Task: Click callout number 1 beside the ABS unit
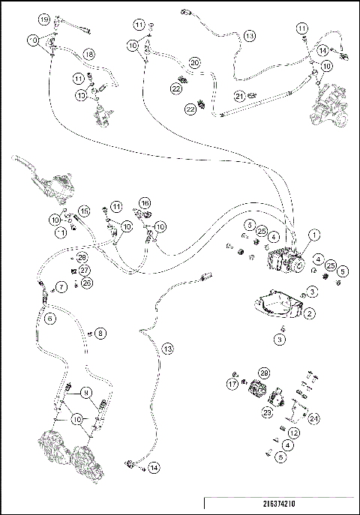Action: click(x=314, y=234)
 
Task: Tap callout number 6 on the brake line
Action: click(x=50, y=318)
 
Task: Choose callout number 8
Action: click(x=101, y=333)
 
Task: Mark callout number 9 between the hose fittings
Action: click(x=85, y=392)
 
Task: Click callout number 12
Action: click(x=294, y=434)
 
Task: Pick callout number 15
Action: click(x=84, y=211)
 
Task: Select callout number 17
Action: click(x=232, y=384)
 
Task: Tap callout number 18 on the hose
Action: click(x=88, y=54)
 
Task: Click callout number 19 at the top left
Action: click(x=44, y=19)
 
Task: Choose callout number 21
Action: click(x=239, y=95)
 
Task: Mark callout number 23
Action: click(x=266, y=412)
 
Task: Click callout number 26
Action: click(x=87, y=283)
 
